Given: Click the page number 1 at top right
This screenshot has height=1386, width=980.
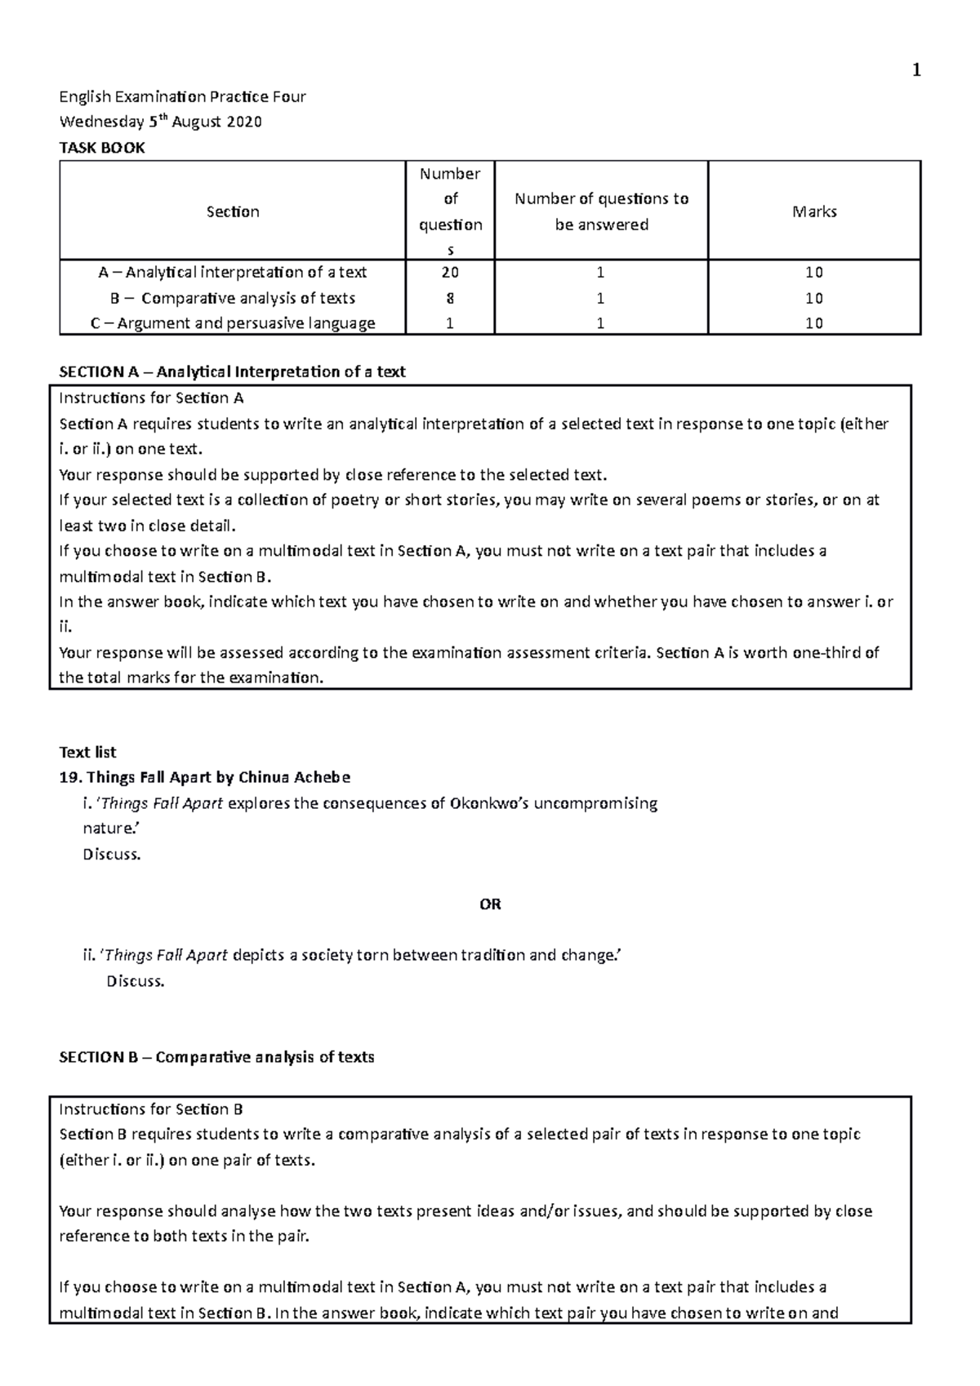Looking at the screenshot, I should (x=916, y=71).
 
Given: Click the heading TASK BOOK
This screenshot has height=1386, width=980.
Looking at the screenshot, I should (x=102, y=148).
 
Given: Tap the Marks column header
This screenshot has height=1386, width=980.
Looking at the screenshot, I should (x=814, y=211).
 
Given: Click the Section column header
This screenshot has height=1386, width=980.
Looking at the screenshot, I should (x=233, y=211).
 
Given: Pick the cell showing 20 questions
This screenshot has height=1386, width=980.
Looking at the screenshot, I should (x=450, y=273).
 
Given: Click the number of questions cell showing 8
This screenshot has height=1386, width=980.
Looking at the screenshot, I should (x=450, y=298).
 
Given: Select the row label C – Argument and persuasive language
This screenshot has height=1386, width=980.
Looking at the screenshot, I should (x=233, y=323).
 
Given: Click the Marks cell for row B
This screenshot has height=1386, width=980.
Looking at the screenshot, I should (x=814, y=298).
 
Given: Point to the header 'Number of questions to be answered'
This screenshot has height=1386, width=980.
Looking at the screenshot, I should (x=601, y=211).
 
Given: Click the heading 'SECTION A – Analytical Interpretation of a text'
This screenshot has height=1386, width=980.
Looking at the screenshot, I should (x=233, y=372).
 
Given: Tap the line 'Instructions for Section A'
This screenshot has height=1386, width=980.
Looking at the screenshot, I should (x=151, y=398).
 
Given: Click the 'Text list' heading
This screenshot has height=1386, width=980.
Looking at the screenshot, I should (x=87, y=753).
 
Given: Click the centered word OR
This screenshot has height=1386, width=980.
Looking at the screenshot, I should (x=490, y=904).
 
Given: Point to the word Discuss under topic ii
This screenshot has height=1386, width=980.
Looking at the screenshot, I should (x=136, y=981).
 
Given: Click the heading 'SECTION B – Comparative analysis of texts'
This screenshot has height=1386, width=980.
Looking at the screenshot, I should (x=217, y=1058).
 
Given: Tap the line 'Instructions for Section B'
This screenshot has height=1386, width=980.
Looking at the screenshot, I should (x=151, y=1109).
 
